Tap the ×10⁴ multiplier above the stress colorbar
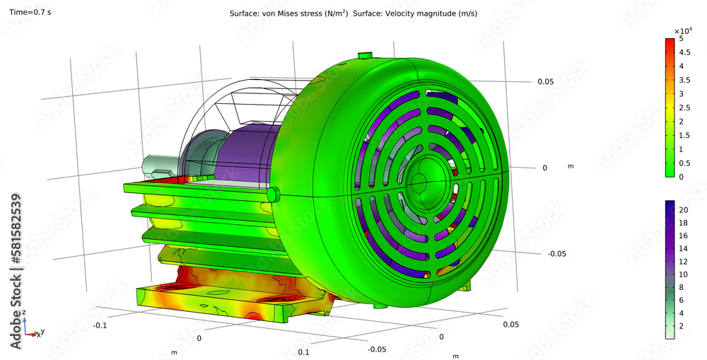(682, 30)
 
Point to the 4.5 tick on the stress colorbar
(682, 66)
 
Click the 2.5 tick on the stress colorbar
(682, 121)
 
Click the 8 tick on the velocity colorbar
(681, 287)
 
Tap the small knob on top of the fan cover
(366, 55)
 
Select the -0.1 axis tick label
(100, 325)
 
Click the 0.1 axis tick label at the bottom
(305, 352)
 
